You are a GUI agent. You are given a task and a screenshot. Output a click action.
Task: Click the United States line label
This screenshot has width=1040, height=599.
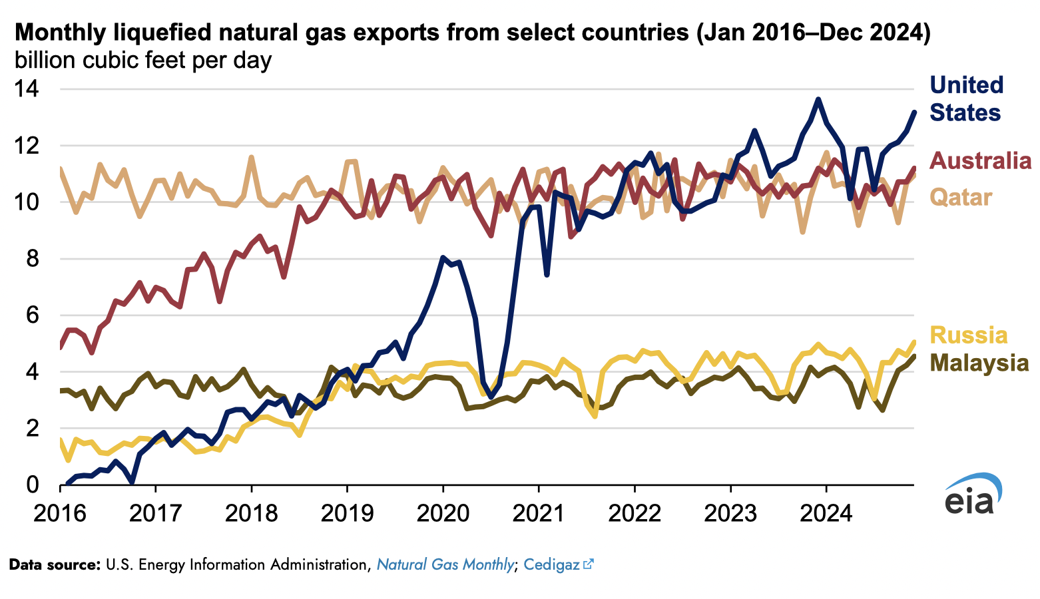coord(965,99)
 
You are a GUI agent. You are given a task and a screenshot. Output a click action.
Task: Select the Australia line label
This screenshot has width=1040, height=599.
coord(980,160)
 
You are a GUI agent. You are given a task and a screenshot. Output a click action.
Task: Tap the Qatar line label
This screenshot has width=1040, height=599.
coord(961,197)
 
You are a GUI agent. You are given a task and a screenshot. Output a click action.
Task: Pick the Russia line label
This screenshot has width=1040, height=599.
coord(968,335)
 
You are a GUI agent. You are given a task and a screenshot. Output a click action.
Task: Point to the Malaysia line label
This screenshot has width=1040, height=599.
coord(979,363)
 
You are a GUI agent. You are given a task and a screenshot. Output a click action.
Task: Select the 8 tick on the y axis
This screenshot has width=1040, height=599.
coord(33,259)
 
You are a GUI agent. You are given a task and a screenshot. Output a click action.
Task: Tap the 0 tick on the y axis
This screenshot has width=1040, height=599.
coord(33,485)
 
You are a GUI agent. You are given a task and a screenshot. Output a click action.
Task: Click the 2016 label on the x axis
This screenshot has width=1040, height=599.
coord(60,514)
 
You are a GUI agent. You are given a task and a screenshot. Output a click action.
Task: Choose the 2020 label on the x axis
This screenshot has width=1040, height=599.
coord(442,514)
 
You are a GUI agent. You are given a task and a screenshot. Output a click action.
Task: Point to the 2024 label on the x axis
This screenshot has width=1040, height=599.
coord(826,514)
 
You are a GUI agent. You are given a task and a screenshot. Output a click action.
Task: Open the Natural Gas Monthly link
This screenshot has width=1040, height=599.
coord(445,565)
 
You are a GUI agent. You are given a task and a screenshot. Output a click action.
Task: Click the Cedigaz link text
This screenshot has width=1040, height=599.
coord(551,565)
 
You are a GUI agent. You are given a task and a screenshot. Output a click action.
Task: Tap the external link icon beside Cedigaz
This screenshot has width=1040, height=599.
coord(588,564)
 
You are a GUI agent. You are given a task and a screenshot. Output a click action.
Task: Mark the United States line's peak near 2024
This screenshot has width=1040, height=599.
coord(818,100)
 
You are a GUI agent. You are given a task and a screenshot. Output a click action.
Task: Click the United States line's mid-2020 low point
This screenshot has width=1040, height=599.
coord(491,397)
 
